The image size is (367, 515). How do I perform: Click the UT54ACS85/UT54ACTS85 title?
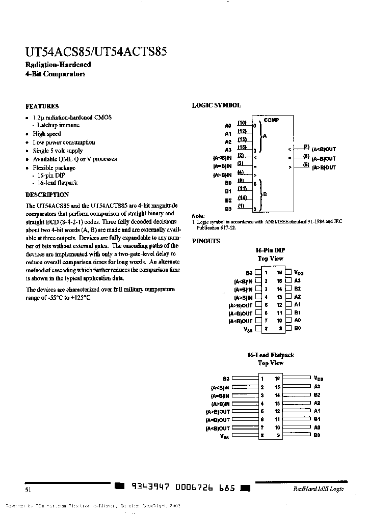click(x=96, y=52)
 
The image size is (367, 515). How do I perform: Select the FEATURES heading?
click(x=42, y=106)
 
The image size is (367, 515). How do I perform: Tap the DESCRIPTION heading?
click(x=47, y=194)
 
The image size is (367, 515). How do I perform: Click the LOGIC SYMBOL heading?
click(x=216, y=105)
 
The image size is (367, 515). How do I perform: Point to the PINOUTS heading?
click(x=206, y=241)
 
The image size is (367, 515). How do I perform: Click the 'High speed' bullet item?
click(x=47, y=134)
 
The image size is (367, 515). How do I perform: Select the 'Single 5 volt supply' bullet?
click(x=58, y=151)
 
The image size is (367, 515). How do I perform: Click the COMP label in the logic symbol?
click(x=271, y=120)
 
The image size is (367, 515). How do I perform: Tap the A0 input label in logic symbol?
click(x=228, y=125)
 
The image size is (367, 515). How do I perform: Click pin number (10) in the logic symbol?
click(x=242, y=123)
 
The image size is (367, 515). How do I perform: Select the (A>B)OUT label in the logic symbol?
click(x=324, y=167)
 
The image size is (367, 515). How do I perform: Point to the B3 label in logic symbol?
click(x=228, y=209)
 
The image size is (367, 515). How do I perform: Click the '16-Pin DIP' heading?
click(x=270, y=250)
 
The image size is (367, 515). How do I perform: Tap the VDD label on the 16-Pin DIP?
click(x=299, y=273)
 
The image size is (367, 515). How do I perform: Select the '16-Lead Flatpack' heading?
click(x=270, y=355)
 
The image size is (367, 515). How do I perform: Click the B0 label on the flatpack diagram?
click(x=317, y=436)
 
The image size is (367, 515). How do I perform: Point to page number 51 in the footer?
click(x=28, y=490)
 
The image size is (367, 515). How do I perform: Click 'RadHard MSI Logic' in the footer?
click(x=318, y=489)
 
